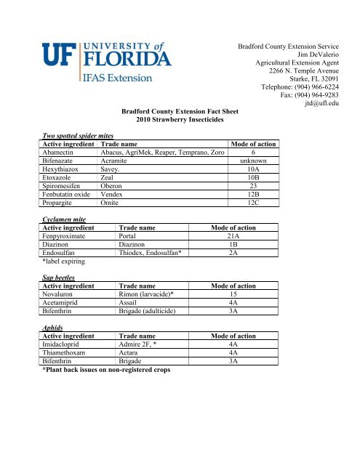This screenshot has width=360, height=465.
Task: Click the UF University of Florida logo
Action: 97,60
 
